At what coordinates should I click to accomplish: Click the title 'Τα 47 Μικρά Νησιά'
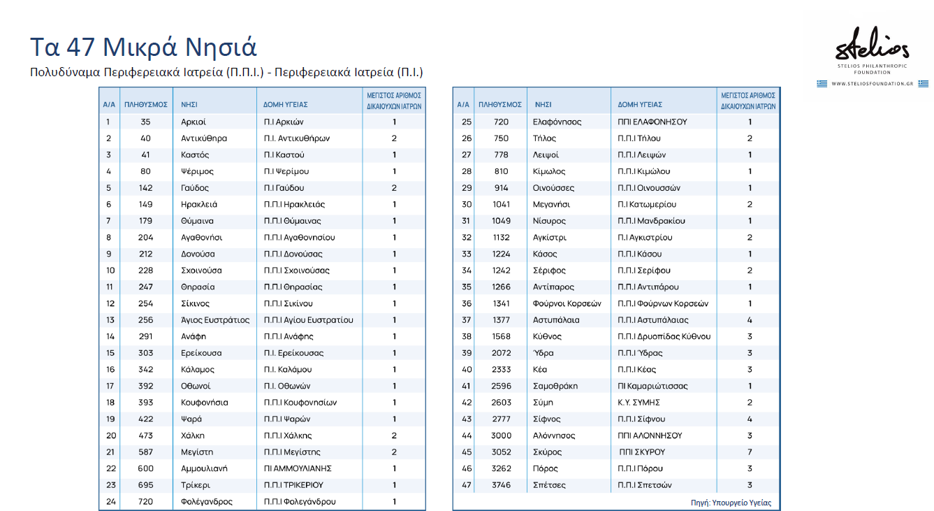coord(143,47)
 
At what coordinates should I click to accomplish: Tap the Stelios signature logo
coord(873,48)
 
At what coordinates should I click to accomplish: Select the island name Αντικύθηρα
coord(204,138)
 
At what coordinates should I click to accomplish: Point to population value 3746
coord(500,485)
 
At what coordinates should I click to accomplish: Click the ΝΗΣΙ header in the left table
coord(189,105)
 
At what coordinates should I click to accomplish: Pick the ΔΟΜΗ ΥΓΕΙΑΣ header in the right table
coord(640,105)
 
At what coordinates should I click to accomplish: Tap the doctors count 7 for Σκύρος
coord(750,452)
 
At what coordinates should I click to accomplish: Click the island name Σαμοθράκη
coord(555,386)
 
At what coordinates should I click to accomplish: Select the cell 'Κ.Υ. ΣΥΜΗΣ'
coord(639,403)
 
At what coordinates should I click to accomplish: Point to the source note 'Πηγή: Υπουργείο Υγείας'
coord(731,503)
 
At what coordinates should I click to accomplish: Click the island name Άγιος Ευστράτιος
coord(215,320)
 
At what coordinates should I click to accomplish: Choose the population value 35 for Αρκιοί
coord(145,122)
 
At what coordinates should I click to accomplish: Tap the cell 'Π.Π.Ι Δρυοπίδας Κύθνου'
coord(664,336)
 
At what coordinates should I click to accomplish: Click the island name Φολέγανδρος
coord(207,502)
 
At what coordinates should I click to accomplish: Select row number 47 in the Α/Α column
coord(467,485)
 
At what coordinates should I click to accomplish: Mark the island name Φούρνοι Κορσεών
coord(567,303)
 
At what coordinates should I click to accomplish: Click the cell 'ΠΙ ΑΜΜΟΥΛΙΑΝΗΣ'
coord(298,468)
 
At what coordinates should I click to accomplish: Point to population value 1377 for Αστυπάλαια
coord(500,320)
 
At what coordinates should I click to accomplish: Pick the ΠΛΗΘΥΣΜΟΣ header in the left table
coord(146,105)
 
